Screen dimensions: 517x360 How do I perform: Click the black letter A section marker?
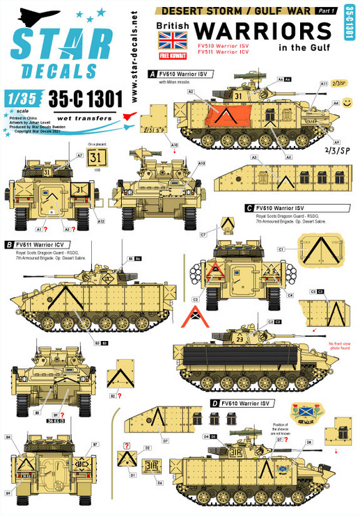coord(152,72)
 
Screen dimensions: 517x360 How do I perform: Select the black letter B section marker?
coord(8,244)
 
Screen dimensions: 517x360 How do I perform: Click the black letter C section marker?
coord(249,207)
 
